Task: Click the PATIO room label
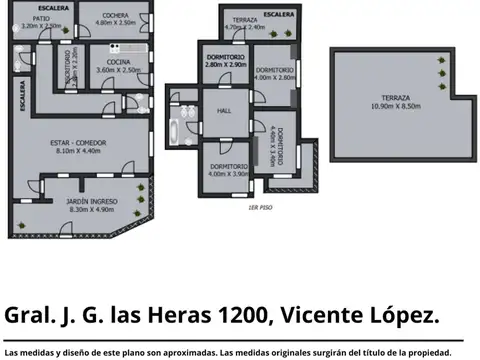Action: pos(40,18)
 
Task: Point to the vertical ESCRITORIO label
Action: pos(66,70)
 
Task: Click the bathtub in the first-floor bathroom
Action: pos(179,128)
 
